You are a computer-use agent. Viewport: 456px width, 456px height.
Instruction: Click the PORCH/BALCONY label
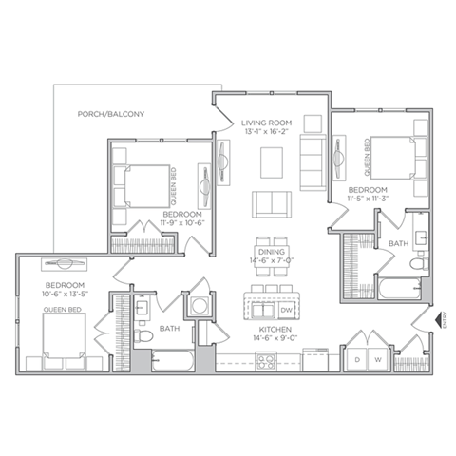pos(110,115)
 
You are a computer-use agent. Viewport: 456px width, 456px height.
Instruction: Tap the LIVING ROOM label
pos(266,122)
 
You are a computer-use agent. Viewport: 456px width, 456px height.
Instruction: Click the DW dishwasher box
pos(287,310)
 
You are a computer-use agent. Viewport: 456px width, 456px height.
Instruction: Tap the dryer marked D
pos(357,359)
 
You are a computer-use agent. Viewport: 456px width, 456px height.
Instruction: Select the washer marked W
pos(377,359)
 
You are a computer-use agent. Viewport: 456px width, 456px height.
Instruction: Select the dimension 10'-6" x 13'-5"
pos(65,294)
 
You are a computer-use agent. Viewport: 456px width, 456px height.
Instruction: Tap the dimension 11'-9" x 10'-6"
pos(181,225)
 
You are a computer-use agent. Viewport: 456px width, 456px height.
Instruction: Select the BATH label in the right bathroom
pos(398,244)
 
